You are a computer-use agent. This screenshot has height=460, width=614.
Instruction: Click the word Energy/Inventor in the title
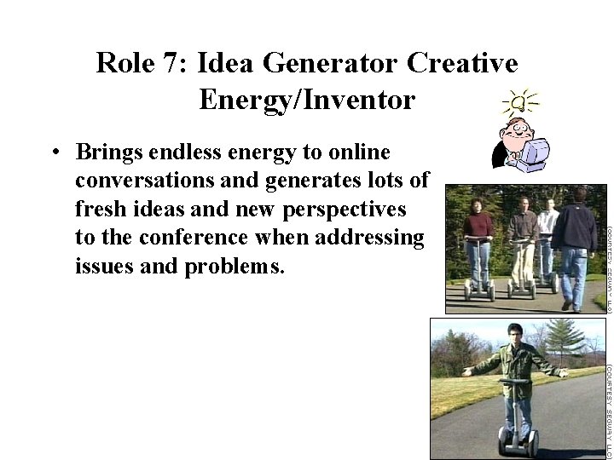click(x=307, y=101)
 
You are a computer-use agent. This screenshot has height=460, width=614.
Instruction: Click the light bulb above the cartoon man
click(x=521, y=105)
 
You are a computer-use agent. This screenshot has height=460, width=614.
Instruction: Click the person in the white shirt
click(x=547, y=230)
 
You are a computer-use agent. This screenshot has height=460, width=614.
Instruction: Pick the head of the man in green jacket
click(x=514, y=333)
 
